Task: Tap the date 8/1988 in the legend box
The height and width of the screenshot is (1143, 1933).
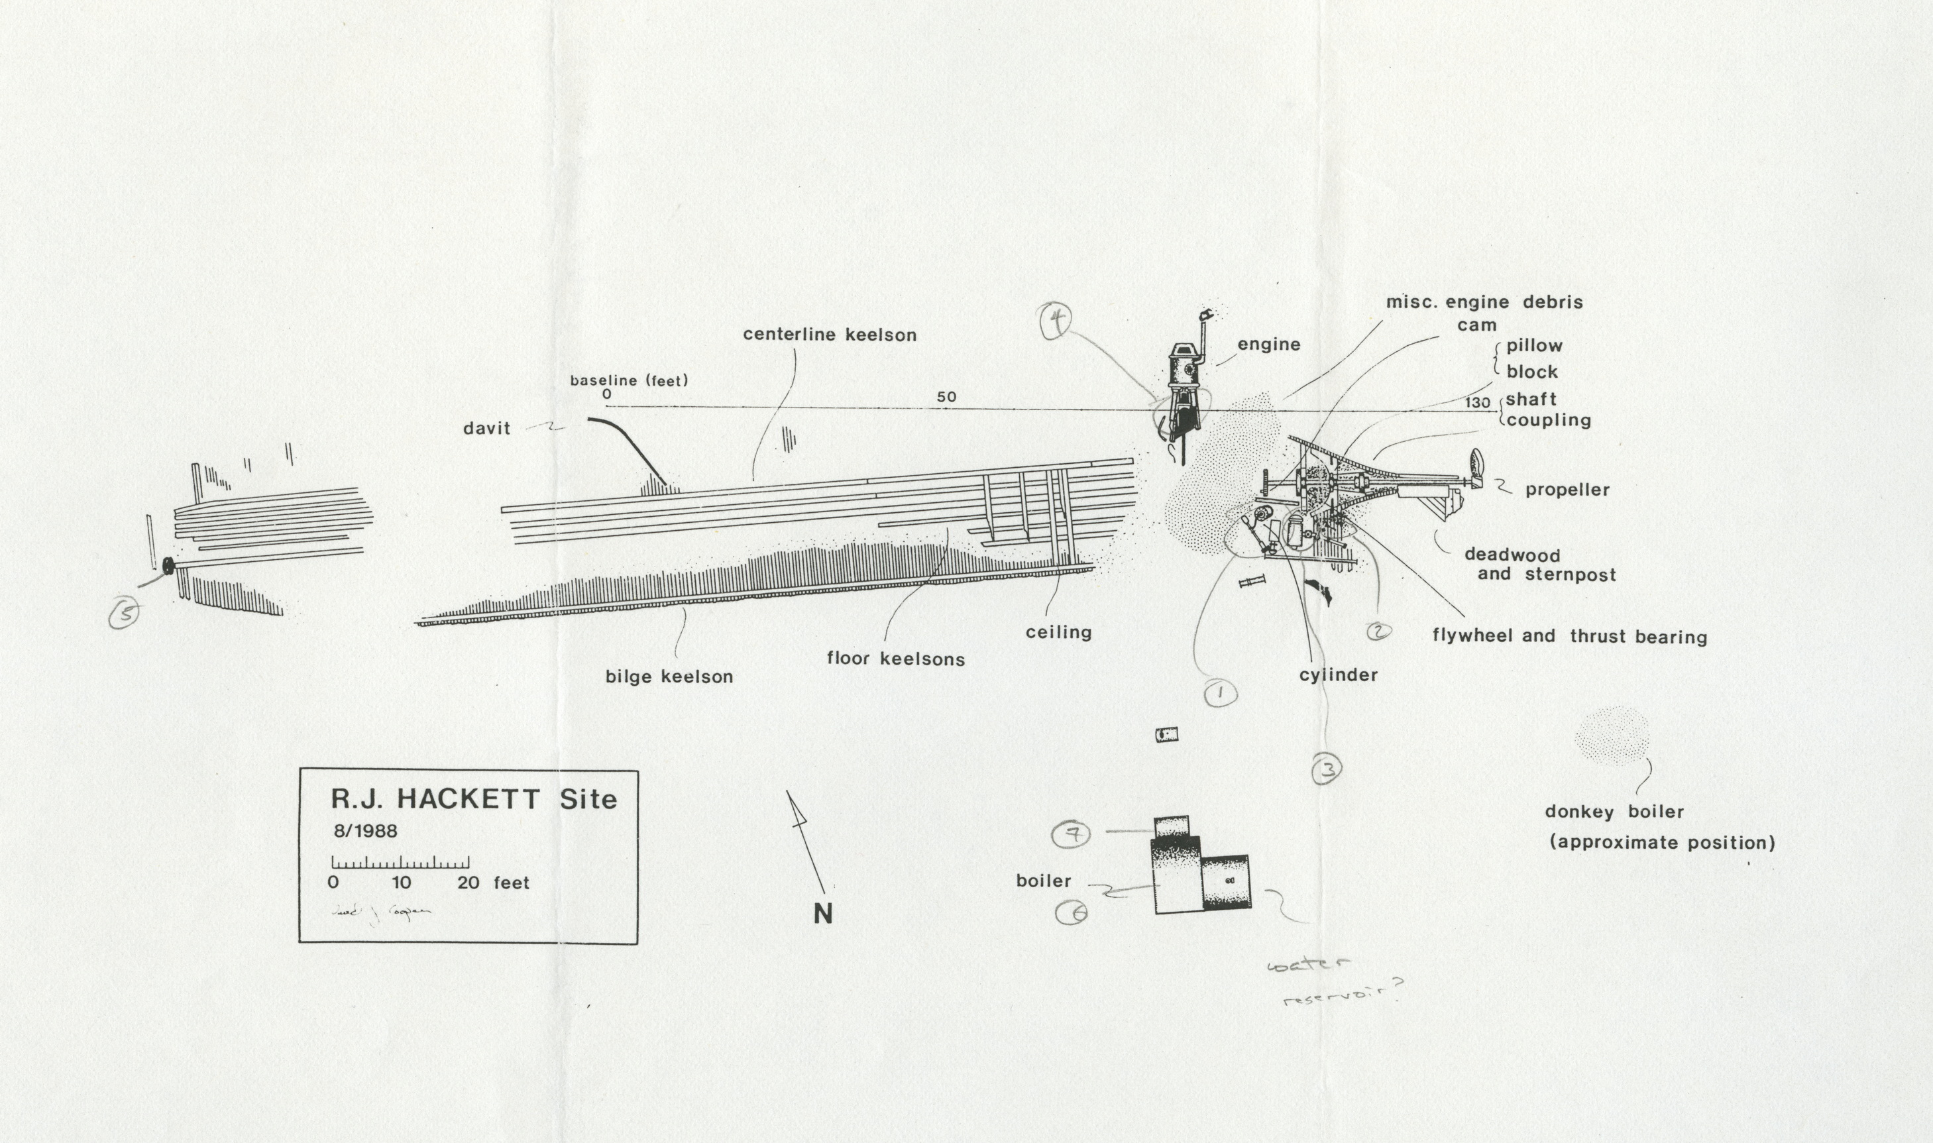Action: coord(366,831)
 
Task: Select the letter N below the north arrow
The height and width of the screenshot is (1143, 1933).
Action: coord(822,914)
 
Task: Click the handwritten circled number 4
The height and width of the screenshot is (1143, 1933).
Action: coord(1056,322)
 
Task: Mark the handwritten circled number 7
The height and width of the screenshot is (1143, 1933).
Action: coord(1073,834)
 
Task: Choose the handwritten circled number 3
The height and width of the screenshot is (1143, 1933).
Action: coord(1327,769)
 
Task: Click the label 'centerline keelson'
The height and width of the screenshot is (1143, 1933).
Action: coord(830,335)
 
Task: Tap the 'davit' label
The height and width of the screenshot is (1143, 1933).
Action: coord(486,428)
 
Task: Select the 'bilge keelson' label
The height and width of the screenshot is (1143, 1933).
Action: coord(669,677)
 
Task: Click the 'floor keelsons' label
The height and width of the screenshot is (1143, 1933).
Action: coord(896,659)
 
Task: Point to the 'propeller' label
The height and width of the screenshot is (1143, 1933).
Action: coord(1567,490)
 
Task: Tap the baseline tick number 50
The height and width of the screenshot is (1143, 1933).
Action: coord(946,397)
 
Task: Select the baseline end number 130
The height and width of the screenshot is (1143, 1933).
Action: coord(1478,403)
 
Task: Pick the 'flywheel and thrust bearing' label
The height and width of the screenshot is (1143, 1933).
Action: coord(1569,637)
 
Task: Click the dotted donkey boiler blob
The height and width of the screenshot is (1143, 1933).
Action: coord(1612,735)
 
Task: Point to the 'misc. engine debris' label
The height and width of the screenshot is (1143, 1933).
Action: coord(1484,303)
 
